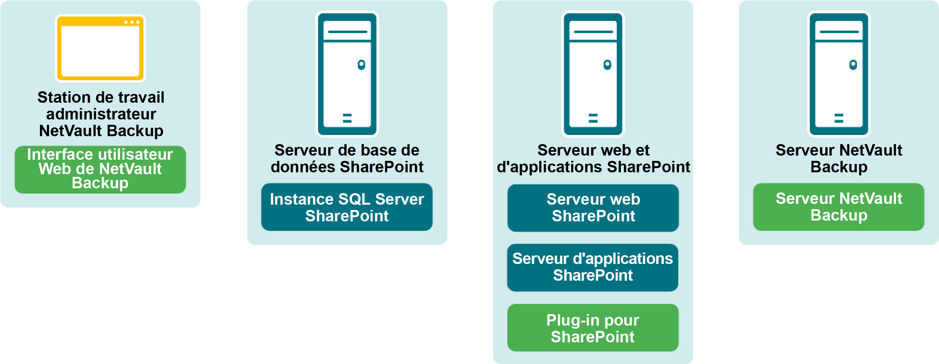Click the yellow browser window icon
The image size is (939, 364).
100,48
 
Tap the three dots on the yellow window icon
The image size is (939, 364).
132,22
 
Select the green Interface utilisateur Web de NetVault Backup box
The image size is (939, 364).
100,169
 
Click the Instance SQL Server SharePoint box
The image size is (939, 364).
347,207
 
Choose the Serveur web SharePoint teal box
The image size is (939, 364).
593,208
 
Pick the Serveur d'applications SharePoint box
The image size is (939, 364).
592,267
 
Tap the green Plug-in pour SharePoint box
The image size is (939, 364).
592,328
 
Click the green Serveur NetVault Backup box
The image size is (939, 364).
839,207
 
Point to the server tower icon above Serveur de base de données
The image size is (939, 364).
347,74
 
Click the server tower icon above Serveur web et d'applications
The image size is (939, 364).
593,74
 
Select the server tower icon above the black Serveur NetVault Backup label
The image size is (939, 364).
839,74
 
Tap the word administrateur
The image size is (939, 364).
101,114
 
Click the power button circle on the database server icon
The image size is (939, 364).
361,65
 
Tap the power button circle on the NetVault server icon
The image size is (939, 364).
853,65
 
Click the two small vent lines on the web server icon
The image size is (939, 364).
593,118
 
